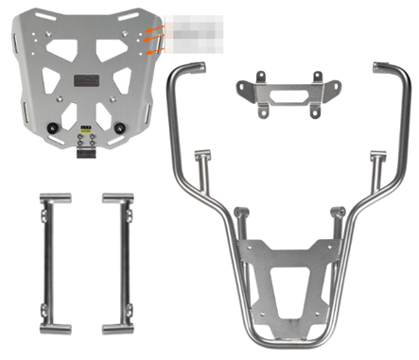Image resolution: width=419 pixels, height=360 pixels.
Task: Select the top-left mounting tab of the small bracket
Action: pyautogui.click(x=241, y=87)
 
